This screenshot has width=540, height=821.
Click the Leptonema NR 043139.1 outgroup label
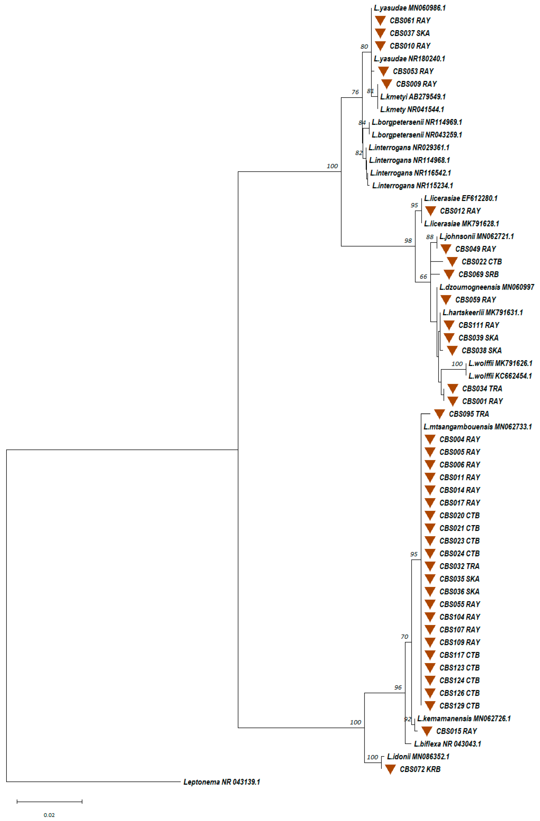[221, 782]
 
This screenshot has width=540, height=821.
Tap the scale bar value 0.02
[49, 815]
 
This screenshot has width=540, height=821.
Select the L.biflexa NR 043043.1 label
[447, 744]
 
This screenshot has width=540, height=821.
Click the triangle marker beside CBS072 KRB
[390, 769]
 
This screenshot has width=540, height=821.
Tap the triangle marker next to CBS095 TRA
[439, 414]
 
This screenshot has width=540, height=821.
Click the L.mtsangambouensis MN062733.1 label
[478, 427]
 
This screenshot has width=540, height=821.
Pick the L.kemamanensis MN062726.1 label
[464, 719]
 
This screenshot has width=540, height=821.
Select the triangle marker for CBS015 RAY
[427, 731]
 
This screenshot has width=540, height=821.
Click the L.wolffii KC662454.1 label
[500, 376]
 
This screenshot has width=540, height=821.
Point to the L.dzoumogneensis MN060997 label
[486, 287]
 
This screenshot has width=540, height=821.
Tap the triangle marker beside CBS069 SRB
[449, 274]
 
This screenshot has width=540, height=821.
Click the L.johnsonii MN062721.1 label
[477, 236]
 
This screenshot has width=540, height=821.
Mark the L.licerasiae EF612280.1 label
[461, 198]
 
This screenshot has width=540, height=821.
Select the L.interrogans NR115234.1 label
[413, 186]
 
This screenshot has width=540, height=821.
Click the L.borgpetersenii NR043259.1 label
[416, 135]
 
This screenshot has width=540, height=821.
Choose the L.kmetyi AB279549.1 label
[413, 96]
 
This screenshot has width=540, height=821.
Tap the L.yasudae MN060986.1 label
[410, 8]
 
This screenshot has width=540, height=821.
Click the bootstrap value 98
[408, 241]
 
